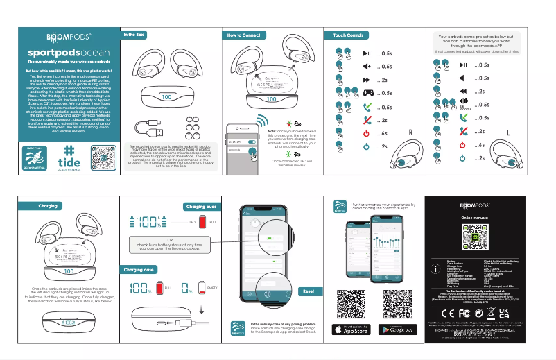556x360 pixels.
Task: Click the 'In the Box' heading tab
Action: [x=134, y=34]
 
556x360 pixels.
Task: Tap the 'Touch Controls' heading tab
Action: [x=349, y=35]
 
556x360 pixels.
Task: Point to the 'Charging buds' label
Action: [x=202, y=206]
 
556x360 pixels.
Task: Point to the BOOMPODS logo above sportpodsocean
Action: [x=62, y=36]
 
